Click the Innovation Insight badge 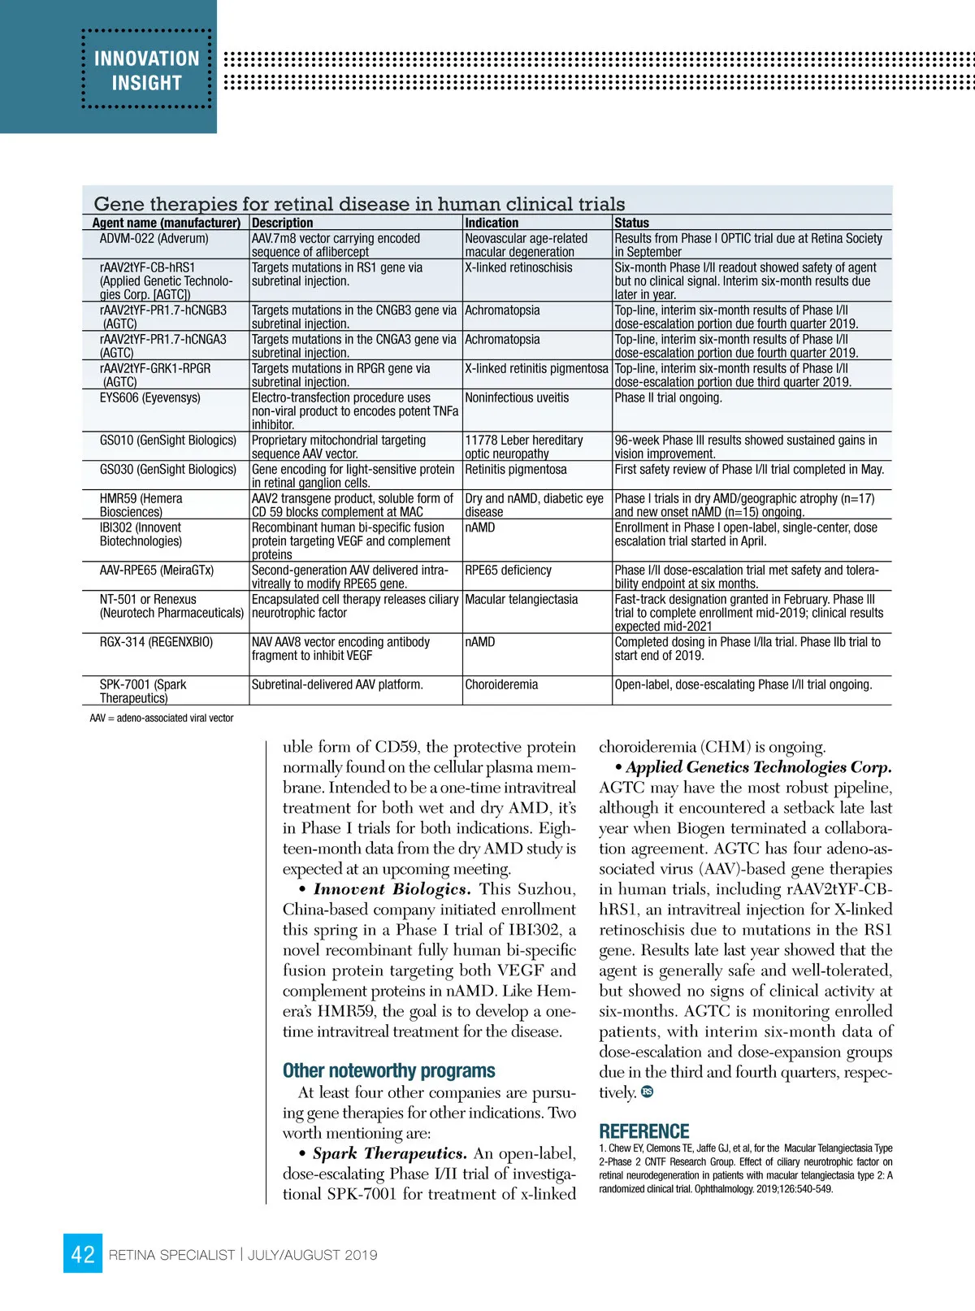point(146,70)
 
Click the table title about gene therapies point(359,203)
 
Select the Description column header point(282,223)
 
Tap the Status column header point(631,223)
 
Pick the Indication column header point(492,223)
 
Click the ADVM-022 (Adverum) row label point(154,238)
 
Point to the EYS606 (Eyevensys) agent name point(149,397)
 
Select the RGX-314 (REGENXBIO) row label point(156,642)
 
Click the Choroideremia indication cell point(501,684)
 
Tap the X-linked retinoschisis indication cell point(518,267)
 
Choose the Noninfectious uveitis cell point(517,397)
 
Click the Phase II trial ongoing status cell point(668,397)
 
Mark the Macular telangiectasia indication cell point(521,599)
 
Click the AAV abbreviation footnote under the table point(162,718)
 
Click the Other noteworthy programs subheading point(388,1070)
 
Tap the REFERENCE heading point(643,1131)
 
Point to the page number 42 point(83,1254)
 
